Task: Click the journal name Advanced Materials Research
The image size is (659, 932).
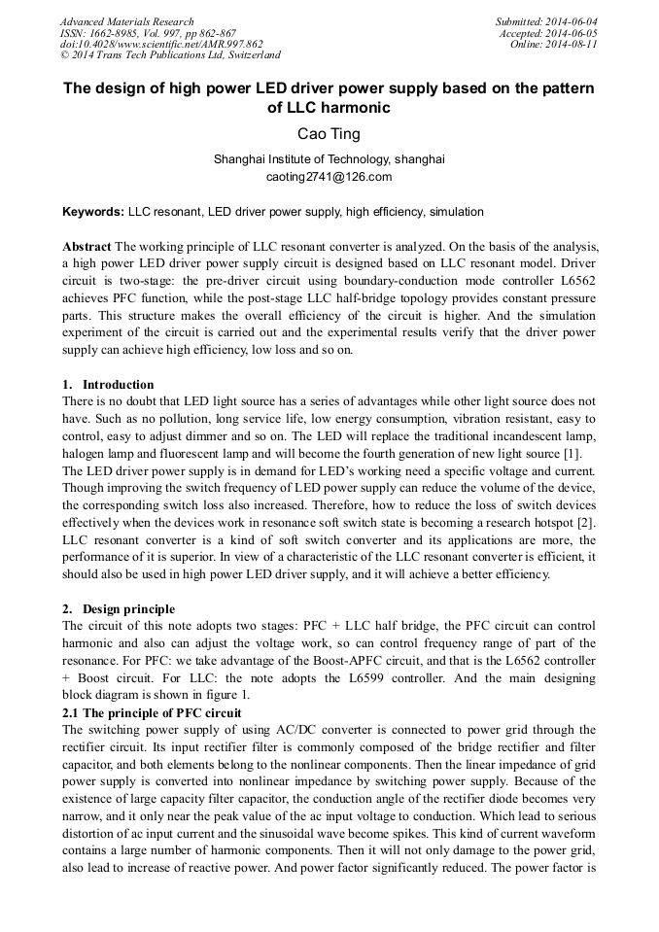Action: click(x=126, y=21)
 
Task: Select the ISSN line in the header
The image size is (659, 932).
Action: click(x=148, y=33)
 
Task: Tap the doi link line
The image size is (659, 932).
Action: click(x=161, y=44)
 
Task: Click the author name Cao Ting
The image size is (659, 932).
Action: click(x=329, y=134)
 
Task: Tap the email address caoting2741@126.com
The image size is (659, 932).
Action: click(x=329, y=177)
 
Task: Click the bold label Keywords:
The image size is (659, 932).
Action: click(x=93, y=212)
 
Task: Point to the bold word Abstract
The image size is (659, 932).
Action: click(x=87, y=246)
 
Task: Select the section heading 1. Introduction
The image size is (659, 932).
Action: click(x=108, y=385)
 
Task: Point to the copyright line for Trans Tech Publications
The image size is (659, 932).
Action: click(x=170, y=55)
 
